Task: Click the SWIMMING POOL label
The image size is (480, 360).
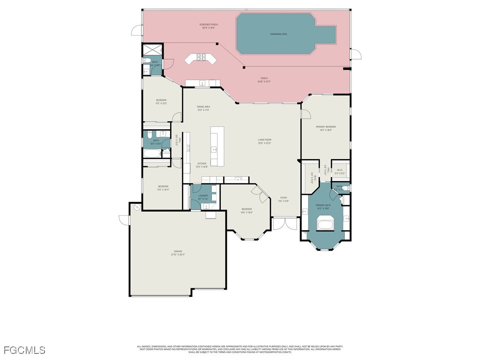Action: click(x=278, y=34)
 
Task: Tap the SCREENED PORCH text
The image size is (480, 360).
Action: click(x=209, y=26)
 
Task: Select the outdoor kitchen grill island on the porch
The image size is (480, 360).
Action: click(x=200, y=59)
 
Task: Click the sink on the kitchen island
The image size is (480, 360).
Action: click(x=214, y=150)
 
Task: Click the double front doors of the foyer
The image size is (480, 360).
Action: click(x=285, y=224)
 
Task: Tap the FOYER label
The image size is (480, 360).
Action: click(x=284, y=199)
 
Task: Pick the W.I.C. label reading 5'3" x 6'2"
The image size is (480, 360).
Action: click(x=340, y=172)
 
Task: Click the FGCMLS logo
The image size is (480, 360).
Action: click(x=24, y=350)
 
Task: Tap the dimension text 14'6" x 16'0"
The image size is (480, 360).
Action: click(x=247, y=212)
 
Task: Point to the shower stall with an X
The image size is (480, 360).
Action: click(x=152, y=50)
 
